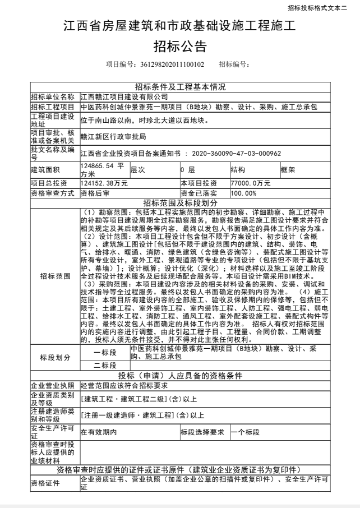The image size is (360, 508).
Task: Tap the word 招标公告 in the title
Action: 180,45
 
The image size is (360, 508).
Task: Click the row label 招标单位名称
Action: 52,96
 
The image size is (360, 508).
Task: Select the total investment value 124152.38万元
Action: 104,183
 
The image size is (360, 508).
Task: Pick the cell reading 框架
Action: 288,169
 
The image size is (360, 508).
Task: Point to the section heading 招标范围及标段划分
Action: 180,202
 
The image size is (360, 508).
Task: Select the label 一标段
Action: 104,352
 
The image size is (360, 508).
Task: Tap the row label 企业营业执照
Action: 52,385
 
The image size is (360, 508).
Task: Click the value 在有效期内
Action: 99,432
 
